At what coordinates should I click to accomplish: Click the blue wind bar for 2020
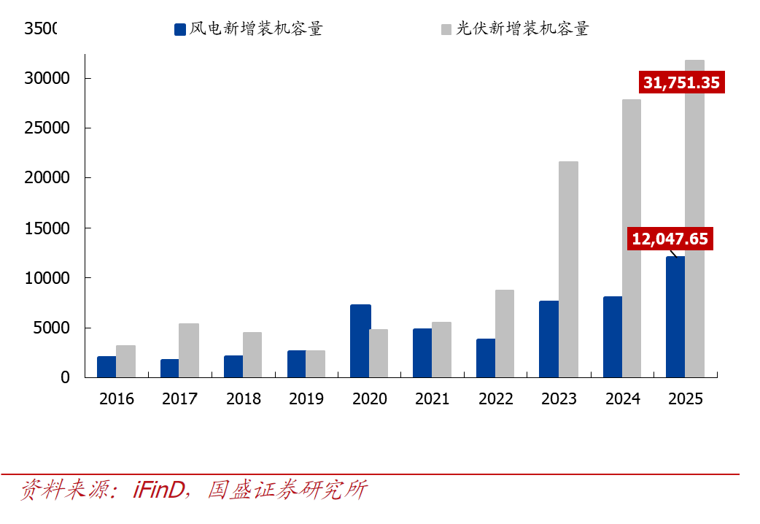(360, 341)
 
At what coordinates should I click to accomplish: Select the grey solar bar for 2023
(568, 269)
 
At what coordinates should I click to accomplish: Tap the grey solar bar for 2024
(632, 238)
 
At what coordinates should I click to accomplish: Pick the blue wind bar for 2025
(675, 317)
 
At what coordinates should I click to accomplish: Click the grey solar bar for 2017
(189, 350)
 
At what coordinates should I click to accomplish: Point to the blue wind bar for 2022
(486, 358)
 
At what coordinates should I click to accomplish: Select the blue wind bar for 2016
(106, 366)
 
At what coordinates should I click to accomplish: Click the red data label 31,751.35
(681, 82)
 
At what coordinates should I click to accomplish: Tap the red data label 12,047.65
(670, 239)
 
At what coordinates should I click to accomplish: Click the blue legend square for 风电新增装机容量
(180, 29)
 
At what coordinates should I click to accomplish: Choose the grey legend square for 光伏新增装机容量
(446, 29)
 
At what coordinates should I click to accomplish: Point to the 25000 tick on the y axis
(45, 128)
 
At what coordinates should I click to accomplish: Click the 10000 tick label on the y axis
(45, 278)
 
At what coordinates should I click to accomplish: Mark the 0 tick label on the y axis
(65, 377)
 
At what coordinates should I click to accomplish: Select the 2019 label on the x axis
(306, 399)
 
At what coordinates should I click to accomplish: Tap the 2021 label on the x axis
(433, 399)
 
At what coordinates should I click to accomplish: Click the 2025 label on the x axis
(686, 399)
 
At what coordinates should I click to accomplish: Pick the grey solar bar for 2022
(505, 334)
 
